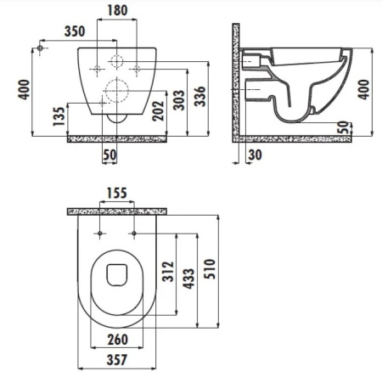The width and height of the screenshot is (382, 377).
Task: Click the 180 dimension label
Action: (x=117, y=10)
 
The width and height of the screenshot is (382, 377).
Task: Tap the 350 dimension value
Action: (x=75, y=31)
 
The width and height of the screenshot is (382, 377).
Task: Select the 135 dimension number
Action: (x=59, y=116)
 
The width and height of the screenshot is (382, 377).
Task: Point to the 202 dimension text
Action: (x=158, y=110)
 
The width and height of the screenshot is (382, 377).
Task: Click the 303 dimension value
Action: (x=179, y=100)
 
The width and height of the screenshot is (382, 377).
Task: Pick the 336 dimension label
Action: (x=199, y=97)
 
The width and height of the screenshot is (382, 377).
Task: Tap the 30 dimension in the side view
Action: (x=255, y=155)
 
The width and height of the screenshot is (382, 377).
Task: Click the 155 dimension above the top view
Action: (x=117, y=194)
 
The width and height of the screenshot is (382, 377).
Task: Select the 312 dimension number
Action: (x=167, y=272)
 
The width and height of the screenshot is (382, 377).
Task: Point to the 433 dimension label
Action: (x=188, y=279)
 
